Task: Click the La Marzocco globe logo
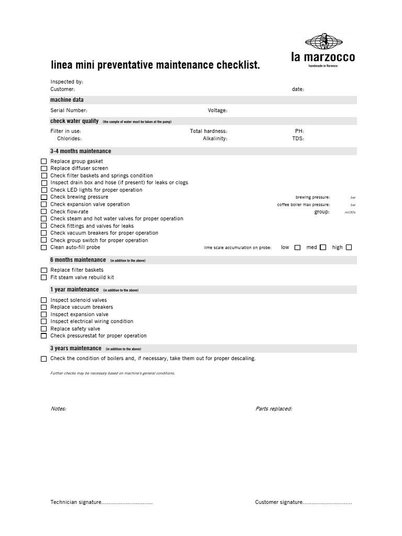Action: pyautogui.click(x=322, y=42)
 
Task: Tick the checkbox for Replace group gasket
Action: pyautogui.click(x=44, y=162)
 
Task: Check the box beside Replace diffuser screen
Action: pyautogui.click(x=44, y=169)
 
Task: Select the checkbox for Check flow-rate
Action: pyautogui.click(x=44, y=211)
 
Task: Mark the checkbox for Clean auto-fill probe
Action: pyautogui.click(x=44, y=248)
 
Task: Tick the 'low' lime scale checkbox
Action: pyautogui.click(x=297, y=248)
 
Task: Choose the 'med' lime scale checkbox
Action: pyautogui.click(x=323, y=247)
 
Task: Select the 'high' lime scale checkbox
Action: pyautogui.click(x=349, y=247)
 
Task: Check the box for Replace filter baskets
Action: pyautogui.click(x=44, y=270)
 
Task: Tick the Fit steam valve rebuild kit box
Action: pyautogui.click(x=44, y=277)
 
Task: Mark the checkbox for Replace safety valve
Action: pyautogui.click(x=44, y=329)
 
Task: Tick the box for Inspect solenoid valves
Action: pyautogui.click(x=44, y=300)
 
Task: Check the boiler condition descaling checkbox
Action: pyautogui.click(x=44, y=359)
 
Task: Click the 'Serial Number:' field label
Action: pyautogui.click(x=69, y=110)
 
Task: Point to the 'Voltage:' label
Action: pyautogui.click(x=217, y=110)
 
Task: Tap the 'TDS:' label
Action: pyautogui.click(x=298, y=139)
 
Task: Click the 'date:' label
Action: pyautogui.click(x=298, y=90)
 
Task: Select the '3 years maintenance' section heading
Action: pyautogui.click(x=76, y=349)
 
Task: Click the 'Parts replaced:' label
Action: pyautogui.click(x=274, y=409)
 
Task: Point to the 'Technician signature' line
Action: pyautogui.click(x=101, y=502)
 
